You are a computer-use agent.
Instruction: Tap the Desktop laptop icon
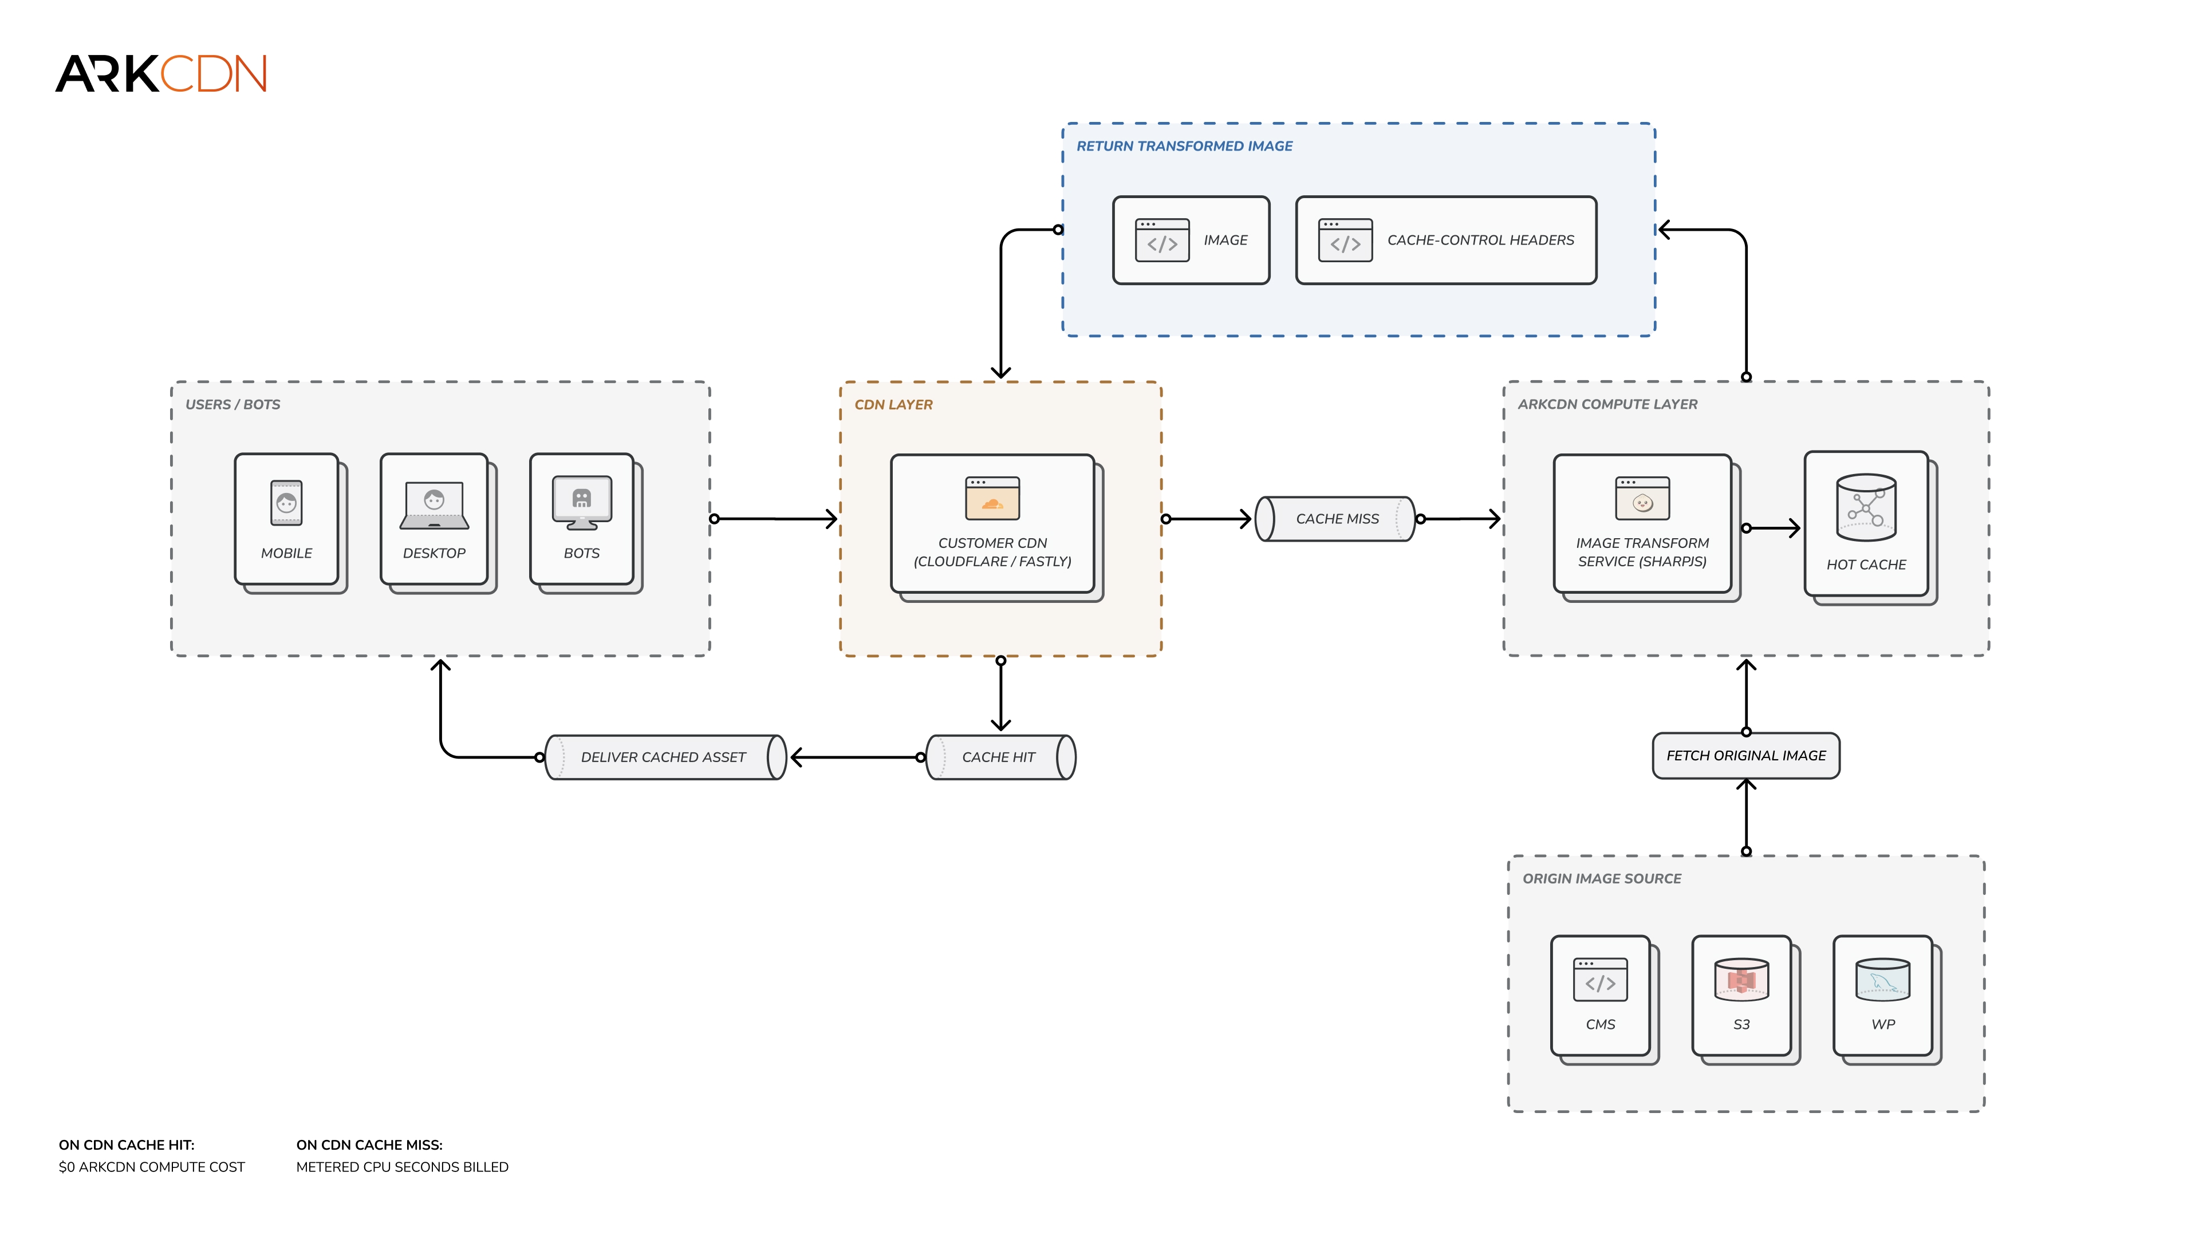click(x=435, y=505)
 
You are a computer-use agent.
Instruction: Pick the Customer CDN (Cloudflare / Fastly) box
click(x=997, y=527)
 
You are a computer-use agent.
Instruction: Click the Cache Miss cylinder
click(x=1336, y=519)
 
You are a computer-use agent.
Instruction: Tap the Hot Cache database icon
click(x=1866, y=508)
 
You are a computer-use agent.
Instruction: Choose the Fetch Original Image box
click(x=1745, y=755)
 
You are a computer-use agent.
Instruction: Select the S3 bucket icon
click(x=1741, y=980)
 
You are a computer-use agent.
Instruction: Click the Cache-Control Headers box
click(x=1446, y=240)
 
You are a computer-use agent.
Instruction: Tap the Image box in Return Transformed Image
click(x=1191, y=240)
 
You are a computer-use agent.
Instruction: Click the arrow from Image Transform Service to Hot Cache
click(x=1771, y=528)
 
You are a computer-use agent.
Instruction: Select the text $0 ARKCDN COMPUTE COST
click(x=152, y=1167)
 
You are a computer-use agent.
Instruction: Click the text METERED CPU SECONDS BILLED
click(x=402, y=1167)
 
